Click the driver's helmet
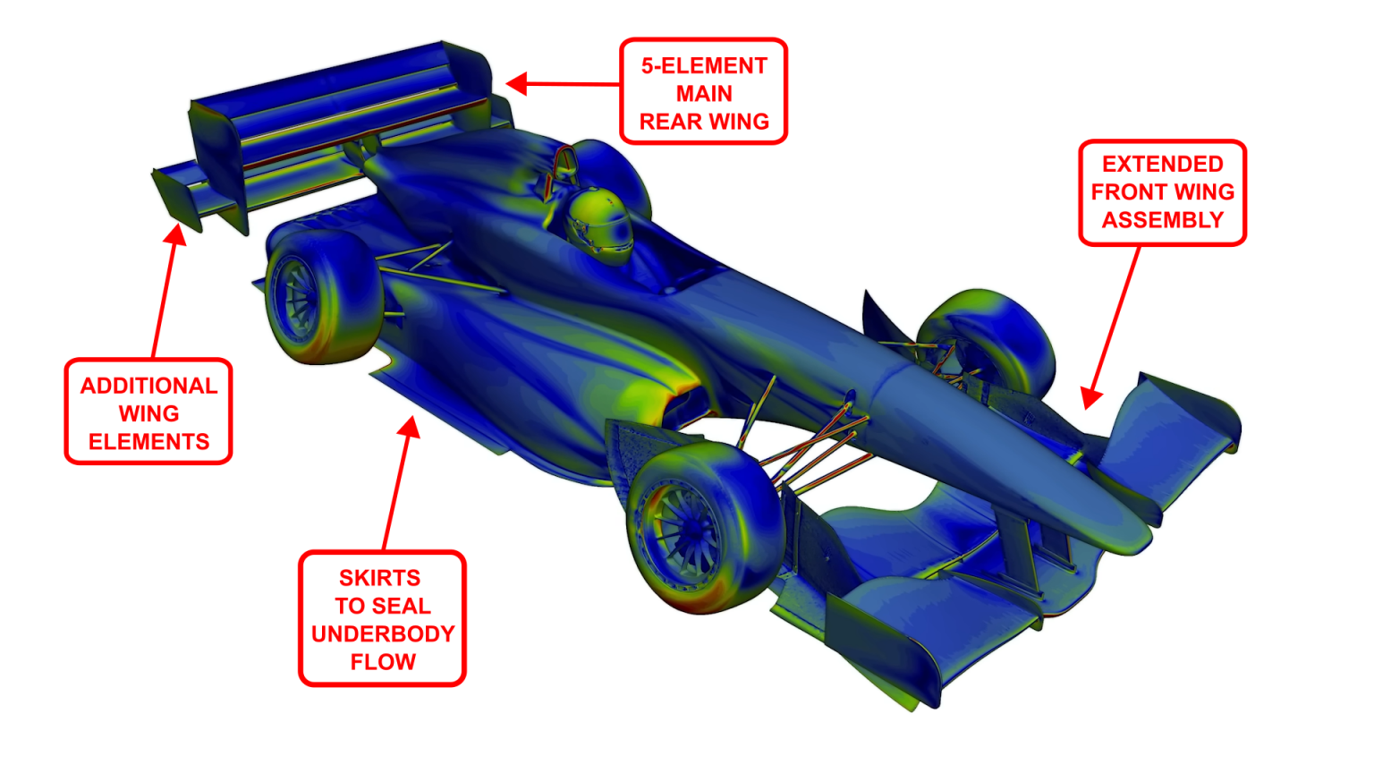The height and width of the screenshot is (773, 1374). pos(600,224)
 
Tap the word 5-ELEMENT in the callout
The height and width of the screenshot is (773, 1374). pos(704,66)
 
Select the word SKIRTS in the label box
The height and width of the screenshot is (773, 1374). pos(379,578)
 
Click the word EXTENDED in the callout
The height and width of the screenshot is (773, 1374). pos(1162,165)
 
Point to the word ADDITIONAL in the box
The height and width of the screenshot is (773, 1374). pos(148,386)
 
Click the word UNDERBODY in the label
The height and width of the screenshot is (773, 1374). pos(383,633)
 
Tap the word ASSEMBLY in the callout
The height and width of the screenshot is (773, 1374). pos(1162,220)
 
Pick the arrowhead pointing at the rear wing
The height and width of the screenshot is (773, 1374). pos(516,84)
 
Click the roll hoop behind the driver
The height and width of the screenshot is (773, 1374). pos(564,165)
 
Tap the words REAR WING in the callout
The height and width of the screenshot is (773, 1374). pos(704,122)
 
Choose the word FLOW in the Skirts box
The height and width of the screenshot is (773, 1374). pos(383,662)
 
